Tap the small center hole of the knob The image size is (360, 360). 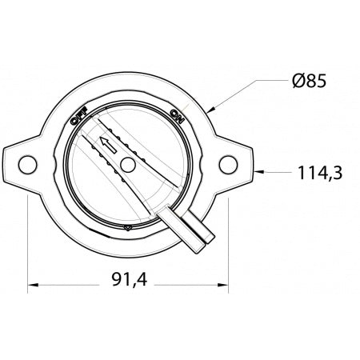pos(126,165)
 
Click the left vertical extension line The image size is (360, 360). pos(28,240)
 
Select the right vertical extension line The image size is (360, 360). pos(230,240)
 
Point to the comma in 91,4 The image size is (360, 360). pos(133,285)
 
